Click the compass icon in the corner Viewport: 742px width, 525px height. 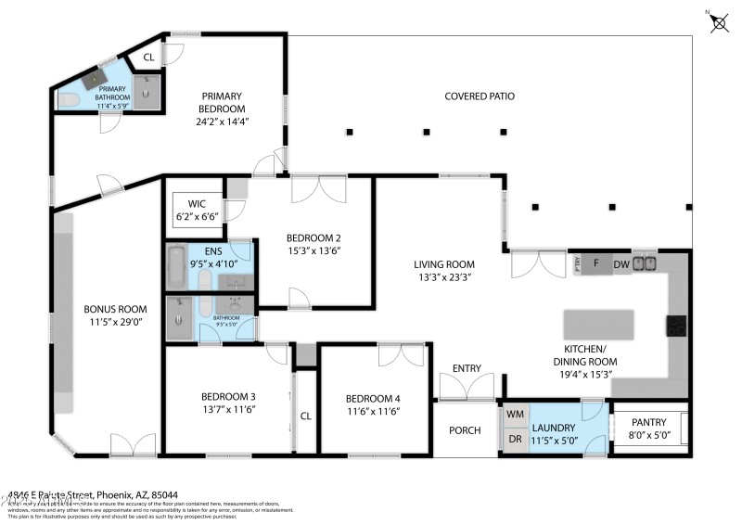(719, 22)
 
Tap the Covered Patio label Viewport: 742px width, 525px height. (480, 96)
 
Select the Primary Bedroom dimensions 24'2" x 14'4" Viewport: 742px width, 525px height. (222, 122)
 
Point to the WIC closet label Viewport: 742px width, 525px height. (197, 203)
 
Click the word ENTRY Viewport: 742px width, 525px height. (467, 368)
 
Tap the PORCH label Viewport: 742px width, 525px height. (464, 429)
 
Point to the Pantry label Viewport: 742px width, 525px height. (649, 420)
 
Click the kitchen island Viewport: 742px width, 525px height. (600, 324)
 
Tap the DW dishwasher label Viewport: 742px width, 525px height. (621, 263)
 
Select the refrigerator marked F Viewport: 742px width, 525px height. (596, 264)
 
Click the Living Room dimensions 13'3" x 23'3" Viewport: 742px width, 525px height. (443, 276)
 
